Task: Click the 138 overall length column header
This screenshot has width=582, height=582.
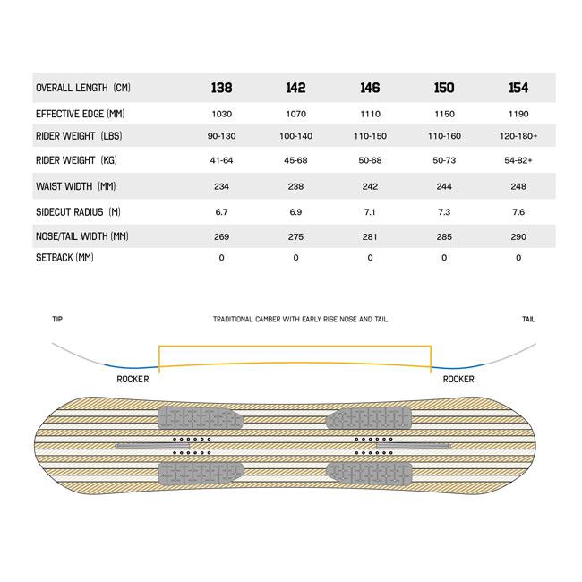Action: pos(221,88)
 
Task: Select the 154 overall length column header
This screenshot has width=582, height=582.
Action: pos(518,88)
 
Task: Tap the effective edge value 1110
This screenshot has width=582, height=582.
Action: pos(370,114)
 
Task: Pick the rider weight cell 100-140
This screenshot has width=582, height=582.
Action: pos(295,136)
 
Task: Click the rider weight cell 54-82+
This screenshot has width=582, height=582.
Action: pos(518,160)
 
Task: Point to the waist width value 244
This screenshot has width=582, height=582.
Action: pos(444,186)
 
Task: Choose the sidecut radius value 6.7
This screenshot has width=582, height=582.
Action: pos(221,212)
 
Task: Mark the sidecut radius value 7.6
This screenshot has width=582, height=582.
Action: pos(518,212)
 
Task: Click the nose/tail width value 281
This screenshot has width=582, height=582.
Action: pos(370,236)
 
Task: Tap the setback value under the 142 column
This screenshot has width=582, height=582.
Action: pos(295,258)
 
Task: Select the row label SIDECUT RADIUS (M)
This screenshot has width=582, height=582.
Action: pos(78,212)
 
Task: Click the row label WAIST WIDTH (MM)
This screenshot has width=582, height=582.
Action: pos(76,186)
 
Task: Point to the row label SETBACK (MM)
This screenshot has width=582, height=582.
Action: pos(64,258)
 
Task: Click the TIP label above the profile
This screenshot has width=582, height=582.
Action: pos(57,320)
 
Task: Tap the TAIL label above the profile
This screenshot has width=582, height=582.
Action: pos(528,320)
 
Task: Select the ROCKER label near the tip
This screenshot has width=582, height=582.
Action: pos(133,380)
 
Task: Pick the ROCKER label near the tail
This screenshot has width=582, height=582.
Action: pos(458,380)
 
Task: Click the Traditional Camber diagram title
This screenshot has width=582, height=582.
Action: pos(300,320)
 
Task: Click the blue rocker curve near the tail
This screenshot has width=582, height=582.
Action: pos(458,368)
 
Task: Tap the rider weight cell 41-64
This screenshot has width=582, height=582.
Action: pos(221,160)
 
